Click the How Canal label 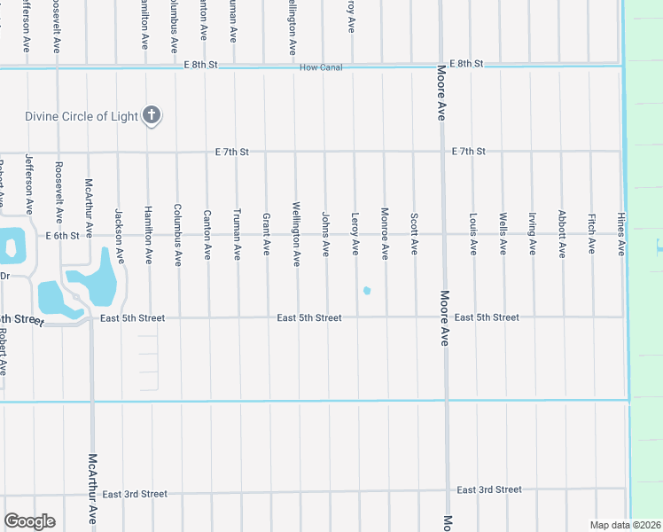(320, 68)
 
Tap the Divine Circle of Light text (81, 115)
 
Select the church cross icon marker (152, 114)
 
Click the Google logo (29, 521)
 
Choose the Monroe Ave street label (385, 233)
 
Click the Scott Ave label (414, 231)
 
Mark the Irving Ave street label (532, 232)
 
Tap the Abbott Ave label (562, 233)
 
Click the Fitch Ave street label (591, 232)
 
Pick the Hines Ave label (621, 233)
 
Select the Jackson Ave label (119, 237)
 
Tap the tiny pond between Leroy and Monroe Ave (367, 290)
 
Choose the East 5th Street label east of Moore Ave (487, 317)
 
